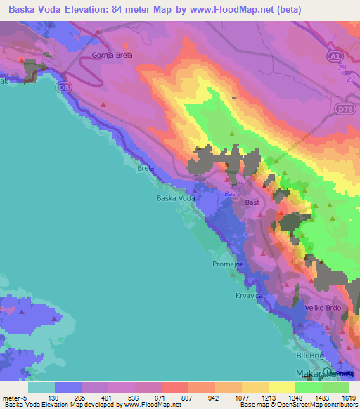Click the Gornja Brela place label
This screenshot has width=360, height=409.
coord(112,54)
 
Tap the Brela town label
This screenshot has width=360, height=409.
coord(146,169)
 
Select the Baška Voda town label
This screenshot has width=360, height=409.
coord(175,199)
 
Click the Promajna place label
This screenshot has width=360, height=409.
coord(227,264)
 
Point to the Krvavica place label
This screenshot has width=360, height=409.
coord(249,296)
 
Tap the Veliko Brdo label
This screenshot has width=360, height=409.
coord(324,308)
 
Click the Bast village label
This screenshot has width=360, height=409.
coord(252,202)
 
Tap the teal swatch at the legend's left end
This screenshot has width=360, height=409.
coord(41,387)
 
